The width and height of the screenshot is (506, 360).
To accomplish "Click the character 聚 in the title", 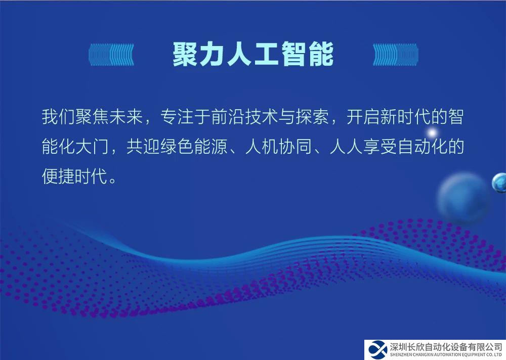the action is (x=186, y=55).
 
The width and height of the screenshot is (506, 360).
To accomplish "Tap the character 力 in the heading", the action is (x=213, y=55).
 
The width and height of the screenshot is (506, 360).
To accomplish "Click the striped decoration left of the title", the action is (x=111, y=55).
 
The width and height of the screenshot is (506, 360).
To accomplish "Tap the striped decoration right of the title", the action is (x=396, y=55).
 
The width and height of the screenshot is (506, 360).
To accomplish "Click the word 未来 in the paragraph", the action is (x=126, y=117).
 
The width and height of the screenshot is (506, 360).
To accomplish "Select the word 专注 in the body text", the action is (x=177, y=117).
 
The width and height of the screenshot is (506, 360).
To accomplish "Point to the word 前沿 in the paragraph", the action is (x=228, y=117).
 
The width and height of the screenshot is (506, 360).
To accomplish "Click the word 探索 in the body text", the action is (x=312, y=117).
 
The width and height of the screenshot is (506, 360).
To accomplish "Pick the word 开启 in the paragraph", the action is (x=363, y=117).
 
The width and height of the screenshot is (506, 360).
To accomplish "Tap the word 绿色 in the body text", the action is (x=177, y=147).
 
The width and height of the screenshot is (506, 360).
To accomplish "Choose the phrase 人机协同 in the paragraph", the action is (x=278, y=147).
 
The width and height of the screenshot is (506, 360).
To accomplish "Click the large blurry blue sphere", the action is (x=463, y=197).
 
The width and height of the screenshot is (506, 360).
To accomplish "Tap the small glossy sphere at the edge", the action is (x=499, y=183).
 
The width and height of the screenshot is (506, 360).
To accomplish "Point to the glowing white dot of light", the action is (x=432, y=132).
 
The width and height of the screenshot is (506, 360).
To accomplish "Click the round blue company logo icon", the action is (x=378, y=350).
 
